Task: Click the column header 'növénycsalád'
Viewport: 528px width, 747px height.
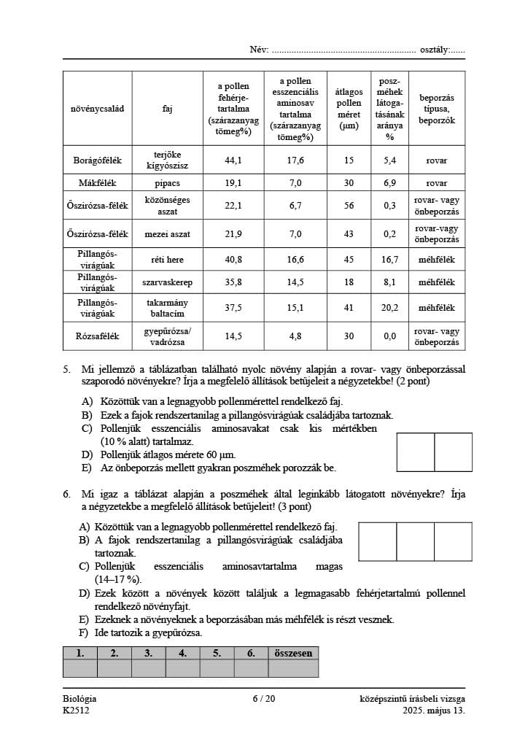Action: tap(97, 109)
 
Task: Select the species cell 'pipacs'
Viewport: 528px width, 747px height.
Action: tap(168, 183)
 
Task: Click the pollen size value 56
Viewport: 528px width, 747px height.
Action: tap(349, 206)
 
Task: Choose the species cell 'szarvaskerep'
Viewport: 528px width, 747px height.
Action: tap(168, 282)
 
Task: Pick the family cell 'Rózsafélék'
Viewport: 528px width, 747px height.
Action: tap(97, 336)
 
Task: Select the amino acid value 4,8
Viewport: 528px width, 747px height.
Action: tap(295, 336)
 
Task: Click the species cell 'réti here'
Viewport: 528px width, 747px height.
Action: tap(168, 259)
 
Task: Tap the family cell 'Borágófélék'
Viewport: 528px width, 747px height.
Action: tap(97, 160)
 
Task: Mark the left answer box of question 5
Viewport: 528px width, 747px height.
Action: tap(416, 452)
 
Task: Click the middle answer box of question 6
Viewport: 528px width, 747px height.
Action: tap(416, 541)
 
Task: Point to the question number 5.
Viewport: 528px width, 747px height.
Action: tap(66, 370)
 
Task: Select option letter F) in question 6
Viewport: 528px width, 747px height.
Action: tap(85, 632)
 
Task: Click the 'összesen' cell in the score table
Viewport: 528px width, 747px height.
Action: tap(293, 654)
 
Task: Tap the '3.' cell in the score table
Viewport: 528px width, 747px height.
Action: tap(149, 654)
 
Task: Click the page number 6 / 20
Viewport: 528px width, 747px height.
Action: tap(264, 699)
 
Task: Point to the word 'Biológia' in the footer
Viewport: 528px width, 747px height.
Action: tap(79, 699)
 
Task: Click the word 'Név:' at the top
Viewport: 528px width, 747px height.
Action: tap(259, 50)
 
